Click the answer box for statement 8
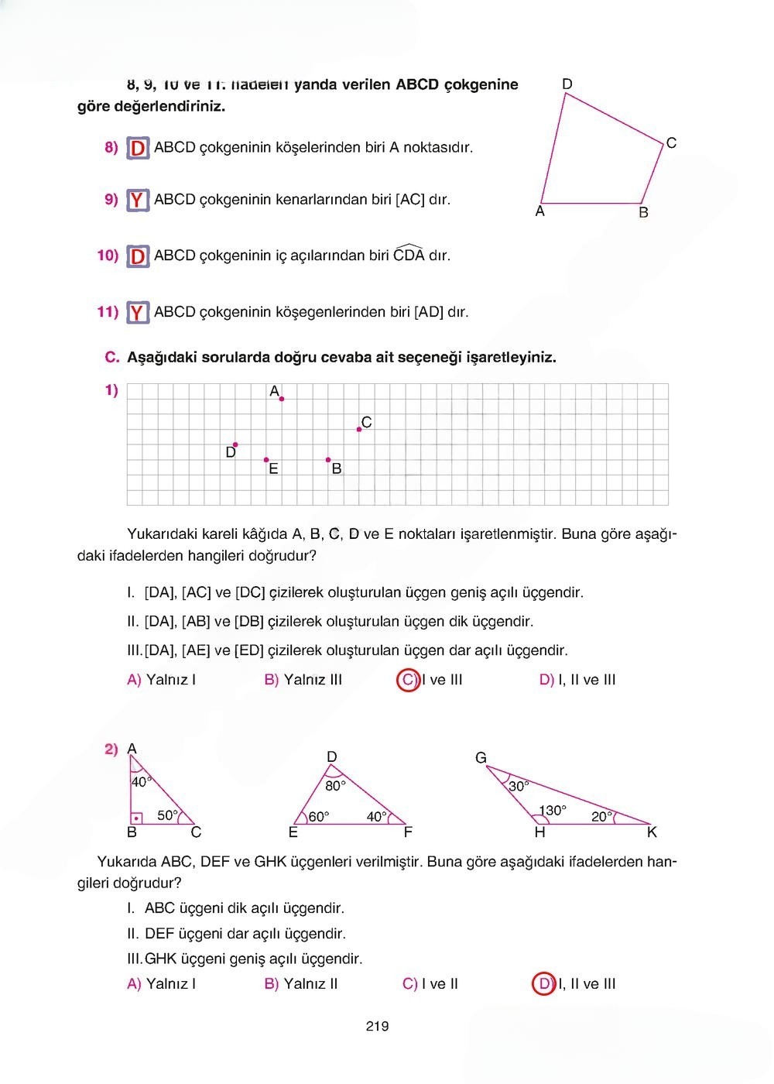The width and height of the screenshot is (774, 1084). pos(138,148)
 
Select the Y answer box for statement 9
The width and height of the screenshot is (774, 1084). pos(138,200)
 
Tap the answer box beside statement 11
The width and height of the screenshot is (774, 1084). pos(138,313)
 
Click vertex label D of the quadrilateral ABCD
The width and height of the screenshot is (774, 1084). pos(567,84)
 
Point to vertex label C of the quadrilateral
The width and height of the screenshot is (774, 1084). pos(671,143)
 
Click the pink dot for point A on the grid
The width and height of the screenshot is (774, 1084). pos(282,399)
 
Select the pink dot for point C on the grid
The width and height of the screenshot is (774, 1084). pos(359,429)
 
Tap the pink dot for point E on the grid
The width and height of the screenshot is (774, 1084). pos(266,460)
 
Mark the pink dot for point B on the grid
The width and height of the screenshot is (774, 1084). pos(328,460)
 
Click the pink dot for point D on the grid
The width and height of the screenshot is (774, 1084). pos(235,445)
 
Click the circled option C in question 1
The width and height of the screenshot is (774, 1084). pos(407,680)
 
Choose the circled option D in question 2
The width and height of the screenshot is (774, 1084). pos(544,984)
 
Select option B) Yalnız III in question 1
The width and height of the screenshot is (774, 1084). pos(303,680)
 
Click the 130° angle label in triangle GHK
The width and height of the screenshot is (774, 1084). pos(553,811)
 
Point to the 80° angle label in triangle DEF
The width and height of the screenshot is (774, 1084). pos(335,785)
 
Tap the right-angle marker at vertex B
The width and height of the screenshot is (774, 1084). pos(137,818)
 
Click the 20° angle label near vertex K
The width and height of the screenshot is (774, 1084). pos(601,816)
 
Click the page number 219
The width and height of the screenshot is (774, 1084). pos(377,1027)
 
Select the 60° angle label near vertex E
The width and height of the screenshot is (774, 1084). pos(319,816)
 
